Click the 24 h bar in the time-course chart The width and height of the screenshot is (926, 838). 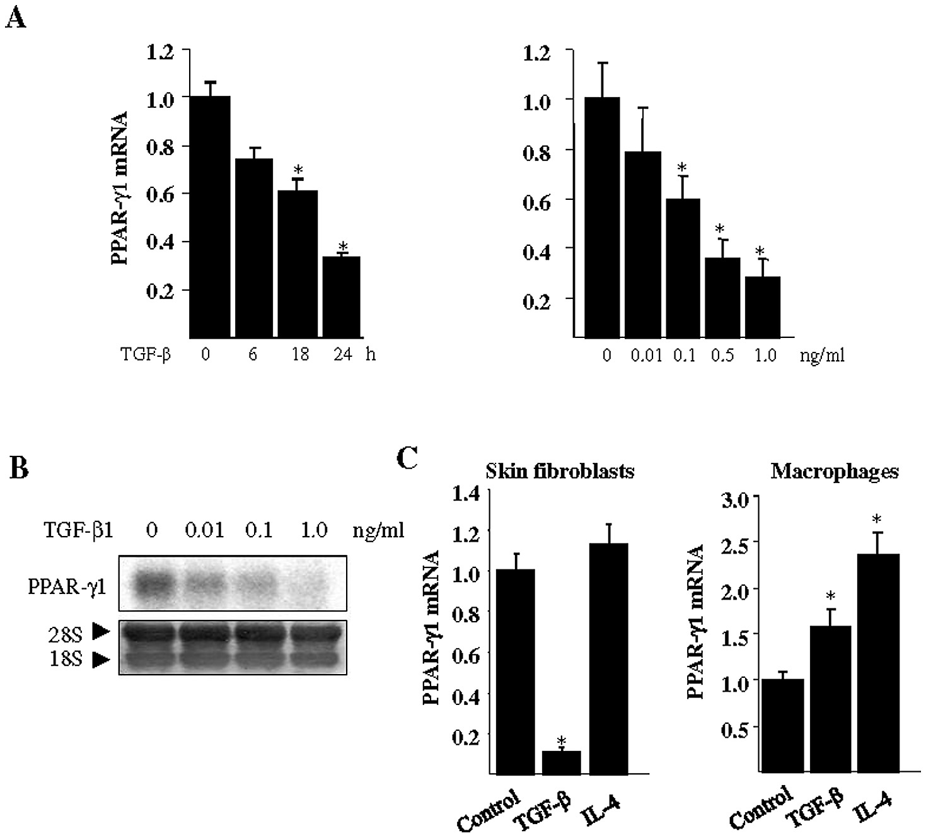342,296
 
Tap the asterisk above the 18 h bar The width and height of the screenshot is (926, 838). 299,170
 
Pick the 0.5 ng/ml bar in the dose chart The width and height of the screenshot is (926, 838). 722,297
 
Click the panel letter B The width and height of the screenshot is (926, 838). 19,470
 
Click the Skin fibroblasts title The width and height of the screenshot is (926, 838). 560,471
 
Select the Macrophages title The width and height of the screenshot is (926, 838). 835,472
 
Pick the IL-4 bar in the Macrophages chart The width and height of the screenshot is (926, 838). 879,662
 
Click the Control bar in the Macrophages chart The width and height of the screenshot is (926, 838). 783,725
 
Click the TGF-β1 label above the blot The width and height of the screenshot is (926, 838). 80,530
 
